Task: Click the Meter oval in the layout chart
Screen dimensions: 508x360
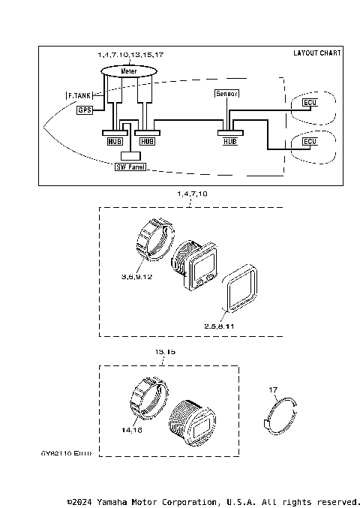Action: coord(128,70)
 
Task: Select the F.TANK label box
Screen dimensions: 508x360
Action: coord(79,96)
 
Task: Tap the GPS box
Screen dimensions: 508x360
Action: coord(85,110)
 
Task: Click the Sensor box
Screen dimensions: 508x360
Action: coord(227,94)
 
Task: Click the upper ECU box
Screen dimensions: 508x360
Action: coord(309,101)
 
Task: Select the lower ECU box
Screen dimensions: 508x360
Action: coord(309,141)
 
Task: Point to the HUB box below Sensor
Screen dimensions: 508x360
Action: coord(229,140)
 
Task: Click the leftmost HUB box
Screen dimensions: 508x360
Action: coord(114,140)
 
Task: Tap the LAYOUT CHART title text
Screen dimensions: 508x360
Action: coord(317,53)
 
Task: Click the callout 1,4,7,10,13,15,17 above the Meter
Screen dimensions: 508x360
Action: coord(130,56)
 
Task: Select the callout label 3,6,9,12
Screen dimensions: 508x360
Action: coord(136,277)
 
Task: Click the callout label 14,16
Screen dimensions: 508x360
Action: coord(130,430)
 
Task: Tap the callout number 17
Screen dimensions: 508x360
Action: coord(274,389)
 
